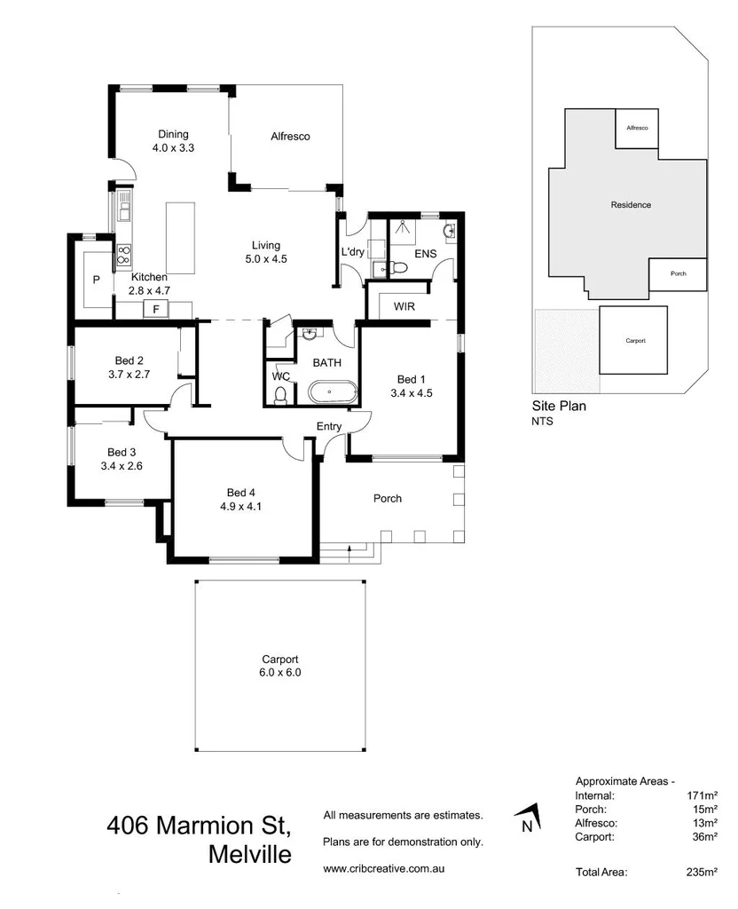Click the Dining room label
pos(173,135)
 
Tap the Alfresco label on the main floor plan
pos(289,137)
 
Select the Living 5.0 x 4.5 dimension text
pos(265,259)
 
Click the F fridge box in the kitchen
pos(156,309)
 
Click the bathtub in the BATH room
pos(332,391)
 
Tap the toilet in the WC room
pos(281,394)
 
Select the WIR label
pos(404,307)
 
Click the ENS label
pos(426,254)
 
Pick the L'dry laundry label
pos(353,253)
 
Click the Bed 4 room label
pos(242,493)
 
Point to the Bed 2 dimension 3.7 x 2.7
pos(130,375)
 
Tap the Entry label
pos(329,427)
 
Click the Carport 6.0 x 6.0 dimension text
pos(279,673)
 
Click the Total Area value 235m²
pos(701,873)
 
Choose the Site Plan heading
pos(559,407)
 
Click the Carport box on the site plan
pos(633,340)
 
